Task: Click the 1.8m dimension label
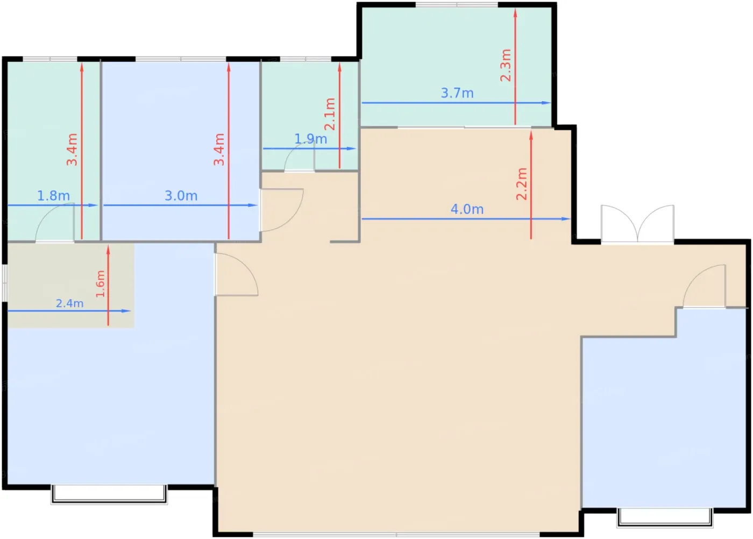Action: click(x=53, y=196)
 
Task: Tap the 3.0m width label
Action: click(x=181, y=196)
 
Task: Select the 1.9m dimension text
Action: click(x=311, y=139)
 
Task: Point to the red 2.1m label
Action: click(x=330, y=114)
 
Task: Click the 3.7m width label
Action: click(x=457, y=93)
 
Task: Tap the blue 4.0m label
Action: click(x=467, y=209)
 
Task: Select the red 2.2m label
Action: click(x=522, y=184)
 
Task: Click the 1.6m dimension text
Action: click(x=101, y=284)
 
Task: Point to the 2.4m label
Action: click(x=69, y=303)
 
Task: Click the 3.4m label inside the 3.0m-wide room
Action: click(x=219, y=150)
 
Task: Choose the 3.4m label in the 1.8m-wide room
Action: click(x=72, y=150)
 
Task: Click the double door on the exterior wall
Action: click(x=637, y=223)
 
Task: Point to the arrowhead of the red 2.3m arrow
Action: click(x=515, y=13)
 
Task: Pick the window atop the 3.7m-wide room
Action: click(x=457, y=5)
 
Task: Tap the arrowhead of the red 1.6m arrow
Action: click(x=108, y=250)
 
